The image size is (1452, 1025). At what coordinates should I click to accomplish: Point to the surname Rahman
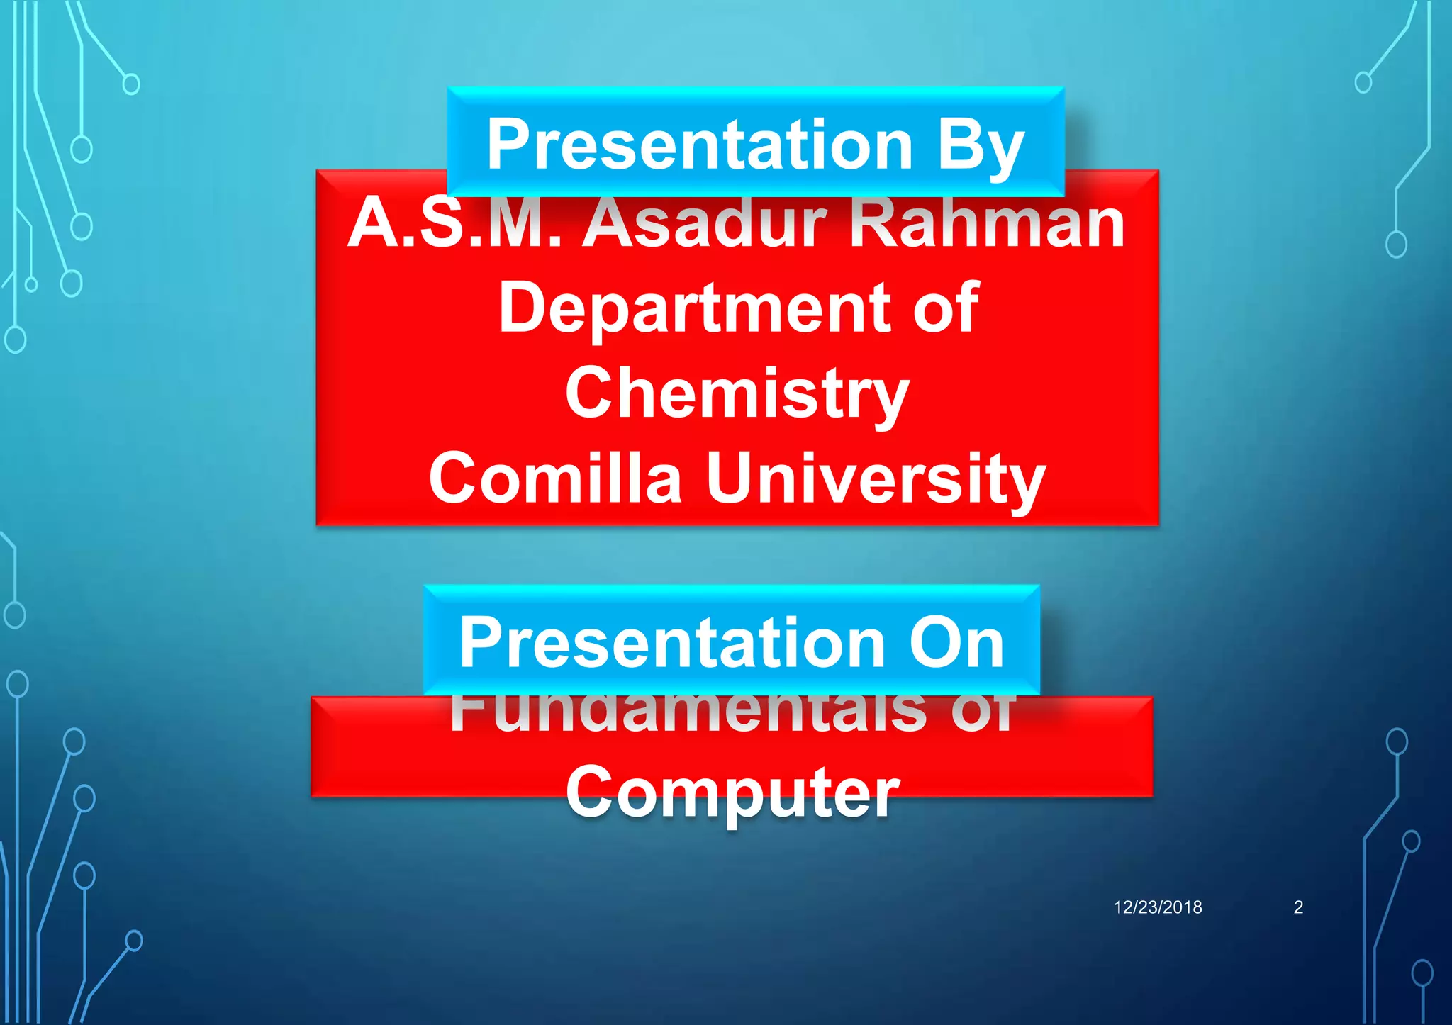[x=987, y=223]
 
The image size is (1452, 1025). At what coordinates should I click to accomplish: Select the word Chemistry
[x=737, y=394]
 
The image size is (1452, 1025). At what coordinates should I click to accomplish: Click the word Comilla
[x=555, y=479]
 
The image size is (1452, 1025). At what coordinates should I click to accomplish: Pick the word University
[x=876, y=481]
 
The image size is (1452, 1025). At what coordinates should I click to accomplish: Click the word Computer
[x=733, y=792]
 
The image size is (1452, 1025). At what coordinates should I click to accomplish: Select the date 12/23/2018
[x=1158, y=907]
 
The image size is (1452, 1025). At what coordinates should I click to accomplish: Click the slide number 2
[x=1298, y=907]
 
